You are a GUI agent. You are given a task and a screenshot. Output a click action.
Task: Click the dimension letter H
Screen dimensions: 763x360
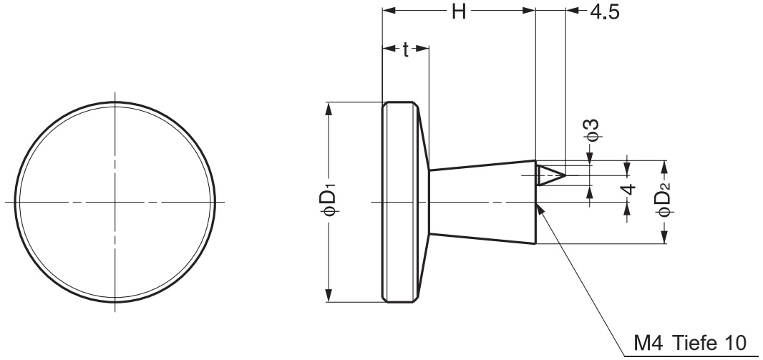[x=459, y=11]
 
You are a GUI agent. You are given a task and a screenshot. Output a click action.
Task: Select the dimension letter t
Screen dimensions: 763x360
[x=406, y=49]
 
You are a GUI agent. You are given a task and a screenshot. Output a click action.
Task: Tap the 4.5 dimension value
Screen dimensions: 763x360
[x=604, y=12]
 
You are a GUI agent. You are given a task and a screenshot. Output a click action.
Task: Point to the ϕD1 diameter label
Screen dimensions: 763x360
[x=329, y=199]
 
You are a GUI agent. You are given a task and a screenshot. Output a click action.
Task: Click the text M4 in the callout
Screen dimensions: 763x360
[x=648, y=344]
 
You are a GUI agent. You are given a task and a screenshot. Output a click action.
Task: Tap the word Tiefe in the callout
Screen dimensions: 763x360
[x=694, y=344]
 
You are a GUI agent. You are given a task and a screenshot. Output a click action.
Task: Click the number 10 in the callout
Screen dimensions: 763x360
[x=735, y=344]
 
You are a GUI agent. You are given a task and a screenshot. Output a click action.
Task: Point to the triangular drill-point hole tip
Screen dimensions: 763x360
[x=565, y=175]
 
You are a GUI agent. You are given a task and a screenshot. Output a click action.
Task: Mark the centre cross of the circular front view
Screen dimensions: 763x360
[x=115, y=201]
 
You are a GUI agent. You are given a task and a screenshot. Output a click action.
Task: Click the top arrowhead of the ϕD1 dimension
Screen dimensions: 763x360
[x=329, y=109]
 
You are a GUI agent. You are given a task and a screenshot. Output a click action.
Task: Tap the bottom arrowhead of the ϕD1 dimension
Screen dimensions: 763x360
[x=329, y=296]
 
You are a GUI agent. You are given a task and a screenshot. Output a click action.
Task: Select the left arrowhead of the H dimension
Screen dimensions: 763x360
[x=389, y=11]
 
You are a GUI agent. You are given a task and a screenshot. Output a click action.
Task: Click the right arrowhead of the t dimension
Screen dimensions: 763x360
[x=422, y=48]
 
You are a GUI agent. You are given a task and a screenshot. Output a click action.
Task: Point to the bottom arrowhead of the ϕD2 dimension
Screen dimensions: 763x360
[x=664, y=237]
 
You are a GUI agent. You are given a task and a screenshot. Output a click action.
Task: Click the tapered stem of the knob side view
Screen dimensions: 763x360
[x=482, y=202]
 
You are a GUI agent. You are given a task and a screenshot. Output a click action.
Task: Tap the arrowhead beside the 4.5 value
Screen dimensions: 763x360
[x=573, y=11]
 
